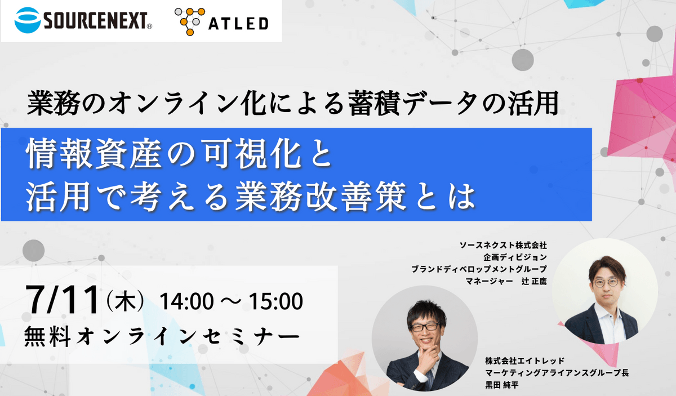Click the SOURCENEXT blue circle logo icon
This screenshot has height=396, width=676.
click(28, 20)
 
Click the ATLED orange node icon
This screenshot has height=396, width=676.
click(190, 21)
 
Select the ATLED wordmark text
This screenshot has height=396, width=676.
click(238, 24)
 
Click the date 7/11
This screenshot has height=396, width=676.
click(63, 300)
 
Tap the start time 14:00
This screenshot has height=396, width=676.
click(187, 301)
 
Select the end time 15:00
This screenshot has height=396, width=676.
click(275, 301)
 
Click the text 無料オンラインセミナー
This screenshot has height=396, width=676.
click(162, 337)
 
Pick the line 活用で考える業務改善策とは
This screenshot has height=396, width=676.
click(251, 197)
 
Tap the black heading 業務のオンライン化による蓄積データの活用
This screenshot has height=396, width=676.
click(293, 104)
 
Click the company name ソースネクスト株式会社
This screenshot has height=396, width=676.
click(504, 246)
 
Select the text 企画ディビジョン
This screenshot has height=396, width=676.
click(515, 257)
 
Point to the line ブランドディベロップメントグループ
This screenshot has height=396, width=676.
click(479, 269)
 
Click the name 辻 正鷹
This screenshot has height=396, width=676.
click(534, 281)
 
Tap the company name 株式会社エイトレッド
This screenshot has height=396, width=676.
click(525, 361)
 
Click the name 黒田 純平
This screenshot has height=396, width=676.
click(502, 385)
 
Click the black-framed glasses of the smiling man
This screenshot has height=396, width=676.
click(425, 327)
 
